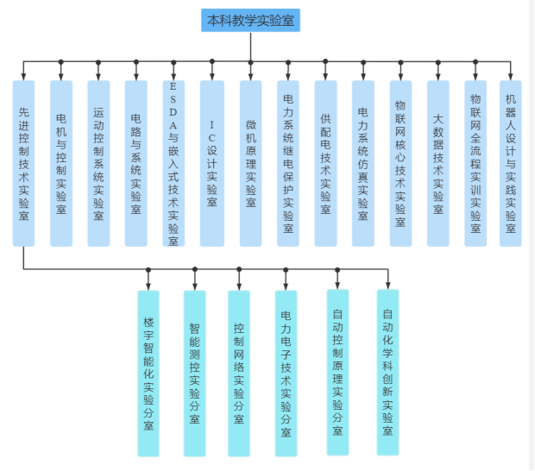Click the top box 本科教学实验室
(250, 20)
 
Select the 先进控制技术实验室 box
(23, 164)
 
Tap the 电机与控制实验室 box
(61, 164)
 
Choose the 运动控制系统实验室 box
(98, 164)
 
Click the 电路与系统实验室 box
(136, 164)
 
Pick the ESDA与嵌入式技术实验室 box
(173, 164)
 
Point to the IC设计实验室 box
(212, 164)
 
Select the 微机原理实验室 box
(250, 164)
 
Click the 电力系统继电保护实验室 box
(288, 164)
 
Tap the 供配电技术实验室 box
(325, 164)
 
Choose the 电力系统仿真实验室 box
(363, 164)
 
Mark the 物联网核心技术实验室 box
(400, 164)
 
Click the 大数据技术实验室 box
(438, 164)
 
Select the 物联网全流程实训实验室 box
(475, 164)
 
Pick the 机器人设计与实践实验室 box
(511, 164)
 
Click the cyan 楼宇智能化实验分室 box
(148, 373)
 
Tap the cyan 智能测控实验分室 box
(195, 373)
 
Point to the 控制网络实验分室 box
(239, 373)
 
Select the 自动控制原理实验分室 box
(337, 372)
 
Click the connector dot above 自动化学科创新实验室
(388, 270)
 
